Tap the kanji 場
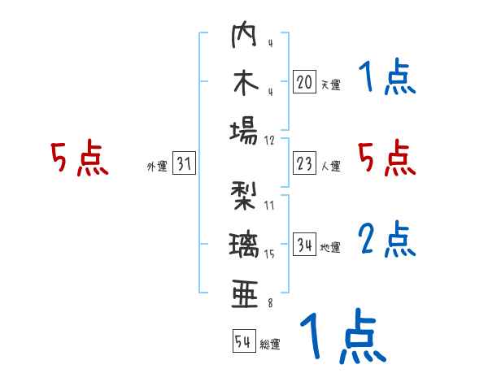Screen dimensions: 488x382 245,130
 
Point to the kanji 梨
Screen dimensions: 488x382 245,195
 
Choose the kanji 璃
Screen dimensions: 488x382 245,244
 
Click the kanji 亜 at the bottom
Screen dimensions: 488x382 245,291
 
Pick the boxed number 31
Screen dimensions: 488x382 184,164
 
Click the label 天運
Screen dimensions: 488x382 330,85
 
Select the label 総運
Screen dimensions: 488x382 269,345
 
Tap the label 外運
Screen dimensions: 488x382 157,167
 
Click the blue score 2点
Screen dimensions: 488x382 387,241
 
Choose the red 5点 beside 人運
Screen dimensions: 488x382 387,159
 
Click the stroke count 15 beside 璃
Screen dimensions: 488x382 270,254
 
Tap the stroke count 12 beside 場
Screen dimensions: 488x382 270,140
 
